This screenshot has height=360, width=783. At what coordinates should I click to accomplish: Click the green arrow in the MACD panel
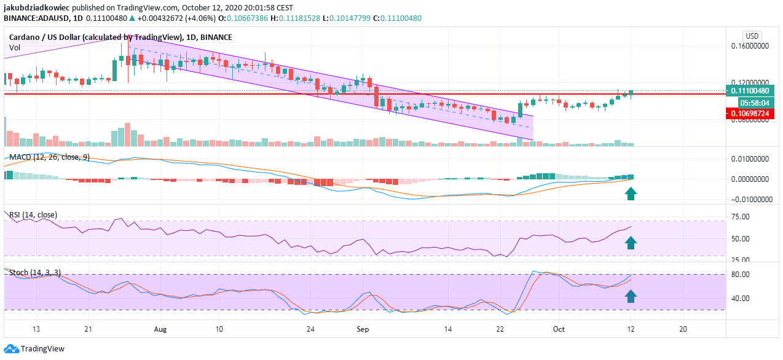(x=631, y=195)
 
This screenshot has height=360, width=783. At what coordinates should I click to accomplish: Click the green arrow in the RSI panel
(x=631, y=243)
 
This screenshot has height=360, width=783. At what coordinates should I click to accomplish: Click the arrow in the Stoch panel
(x=631, y=297)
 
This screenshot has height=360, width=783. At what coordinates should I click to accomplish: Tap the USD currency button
(x=752, y=36)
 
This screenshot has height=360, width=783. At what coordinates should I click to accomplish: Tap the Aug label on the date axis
(x=160, y=329)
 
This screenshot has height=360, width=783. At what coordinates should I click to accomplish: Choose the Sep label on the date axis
(x=362, y=329)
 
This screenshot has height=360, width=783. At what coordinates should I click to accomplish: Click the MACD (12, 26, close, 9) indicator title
(x=49, y=157)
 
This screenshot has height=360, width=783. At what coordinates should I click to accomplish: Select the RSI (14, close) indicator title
(x=33, y=214)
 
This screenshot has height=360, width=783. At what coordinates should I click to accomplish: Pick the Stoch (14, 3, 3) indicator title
(x=35, y=272)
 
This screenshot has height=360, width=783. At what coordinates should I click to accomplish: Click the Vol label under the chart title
(x=15, y=47)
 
